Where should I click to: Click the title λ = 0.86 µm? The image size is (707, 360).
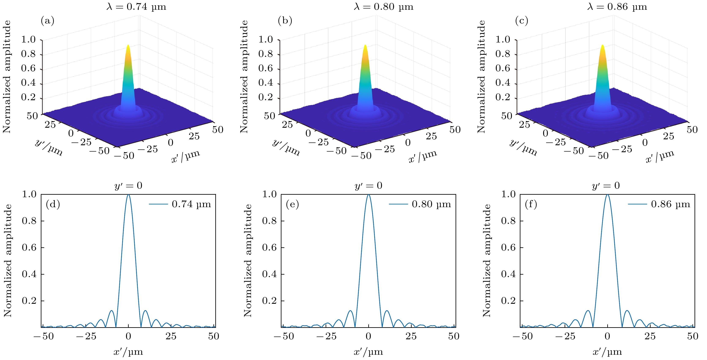(617, 7)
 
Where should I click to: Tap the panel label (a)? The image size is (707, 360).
(48, 21)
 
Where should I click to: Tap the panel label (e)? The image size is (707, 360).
(292, 204)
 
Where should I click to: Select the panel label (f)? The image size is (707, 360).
(531, 204)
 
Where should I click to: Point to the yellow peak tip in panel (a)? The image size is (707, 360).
(128, 46)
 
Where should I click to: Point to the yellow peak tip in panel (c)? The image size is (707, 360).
(602, 46)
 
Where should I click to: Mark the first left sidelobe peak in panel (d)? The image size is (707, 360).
(111, 311)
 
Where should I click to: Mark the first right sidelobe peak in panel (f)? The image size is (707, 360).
(627, 311)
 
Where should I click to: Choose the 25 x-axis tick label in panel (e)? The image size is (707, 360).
(411, 336)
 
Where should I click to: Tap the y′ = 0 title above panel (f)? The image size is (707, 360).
(606, 186)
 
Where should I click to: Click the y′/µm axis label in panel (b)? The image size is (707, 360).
(286, 148)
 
